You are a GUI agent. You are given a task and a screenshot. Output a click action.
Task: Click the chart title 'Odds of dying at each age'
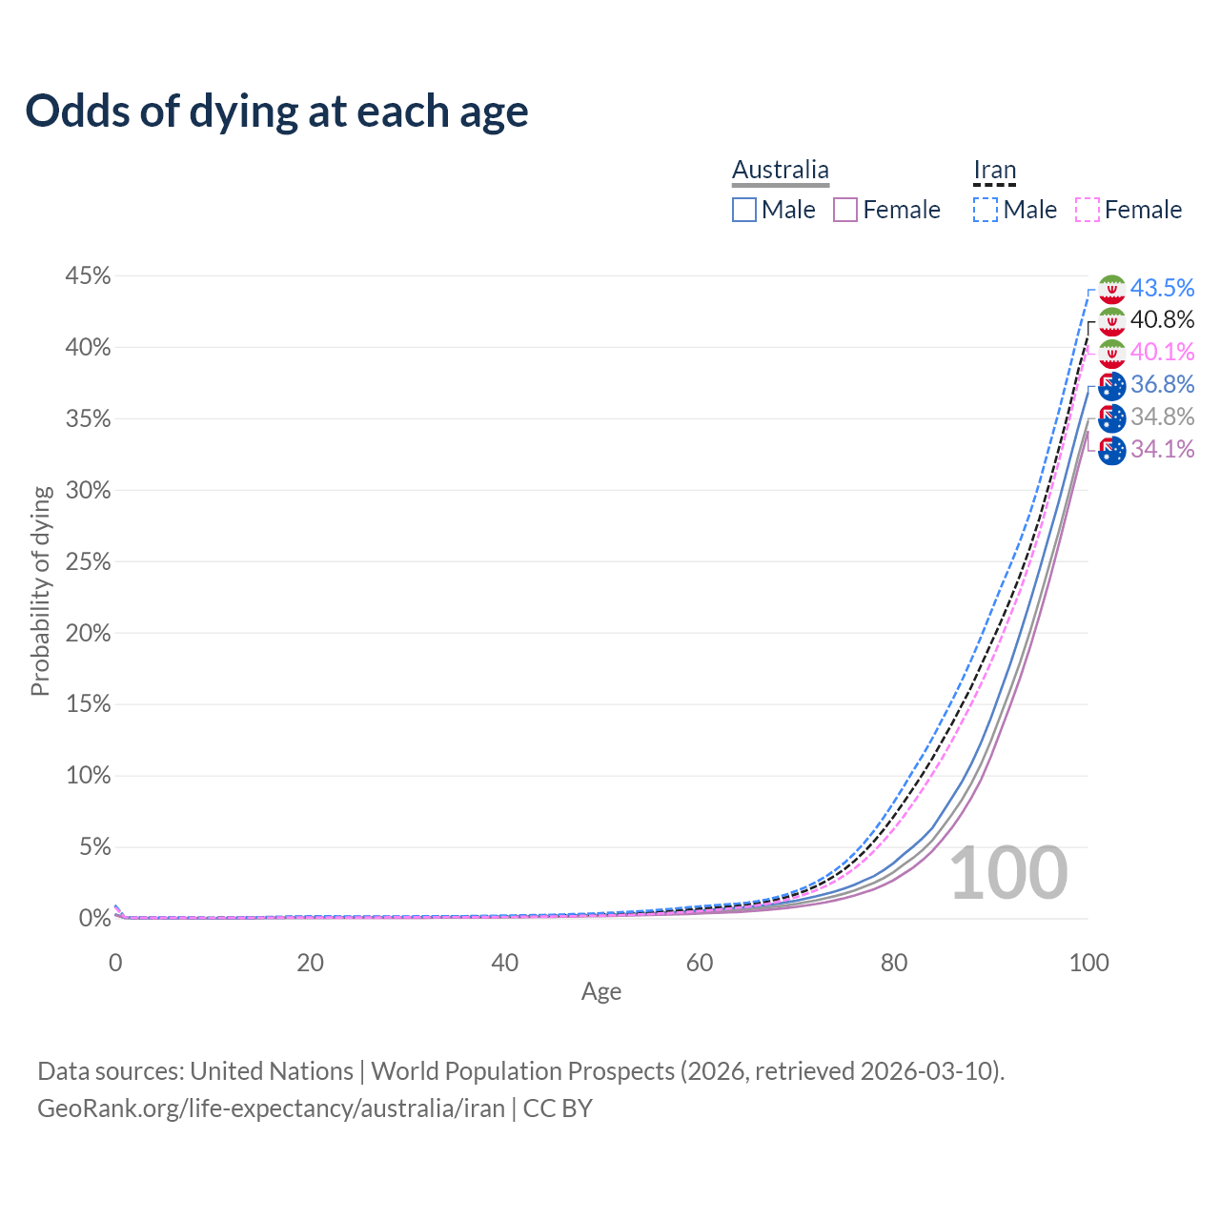coord(276,112)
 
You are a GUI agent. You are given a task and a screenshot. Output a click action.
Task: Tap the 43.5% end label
coord(1162,288)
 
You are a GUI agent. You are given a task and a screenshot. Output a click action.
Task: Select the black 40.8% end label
coord(1162,320)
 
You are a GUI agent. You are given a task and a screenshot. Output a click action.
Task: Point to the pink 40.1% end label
coord(1162,353)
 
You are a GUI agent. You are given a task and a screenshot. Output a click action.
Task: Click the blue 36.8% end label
coord(1162,385)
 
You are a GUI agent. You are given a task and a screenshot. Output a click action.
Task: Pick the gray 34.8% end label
coord(1162,417)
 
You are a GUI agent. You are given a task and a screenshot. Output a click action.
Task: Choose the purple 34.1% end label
coord(1162,450)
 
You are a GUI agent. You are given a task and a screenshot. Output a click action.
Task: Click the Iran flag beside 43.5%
coord(1112,289)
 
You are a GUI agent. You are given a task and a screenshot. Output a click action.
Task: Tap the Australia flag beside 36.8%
coord(1112,386)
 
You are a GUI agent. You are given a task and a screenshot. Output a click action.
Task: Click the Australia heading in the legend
coord(781,171)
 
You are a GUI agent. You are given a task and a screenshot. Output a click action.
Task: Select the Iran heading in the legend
coord(995,171)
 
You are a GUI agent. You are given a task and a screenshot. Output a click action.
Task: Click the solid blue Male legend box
coord(744,210)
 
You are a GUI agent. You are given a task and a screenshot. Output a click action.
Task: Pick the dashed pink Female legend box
coord(1088,210)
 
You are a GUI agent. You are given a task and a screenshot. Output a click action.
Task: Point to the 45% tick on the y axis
coord(89,276)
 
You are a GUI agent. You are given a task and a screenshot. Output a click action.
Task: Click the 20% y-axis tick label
coord(89,633)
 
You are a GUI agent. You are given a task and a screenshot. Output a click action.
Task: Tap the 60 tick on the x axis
coord(700,963)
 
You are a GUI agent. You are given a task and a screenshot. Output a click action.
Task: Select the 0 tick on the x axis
coord(115,963)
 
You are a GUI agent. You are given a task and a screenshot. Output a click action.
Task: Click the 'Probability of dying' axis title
coord(40,591)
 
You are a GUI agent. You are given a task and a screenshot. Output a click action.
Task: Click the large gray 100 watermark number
coord(1008,873)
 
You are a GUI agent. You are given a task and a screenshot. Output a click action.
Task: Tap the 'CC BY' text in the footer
coord(558,1108)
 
